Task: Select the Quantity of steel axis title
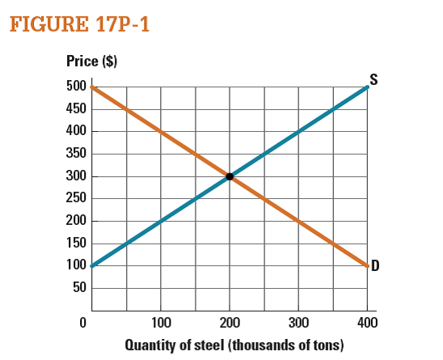[x=234, y=345]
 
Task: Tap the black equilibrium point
[x=230, y=176]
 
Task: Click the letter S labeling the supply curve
[x=373, y=79]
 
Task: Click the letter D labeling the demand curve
[x=375, y=268]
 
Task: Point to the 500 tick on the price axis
[x=76, y=87]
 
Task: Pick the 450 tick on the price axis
[x=76, y=108]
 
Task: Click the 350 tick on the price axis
[x=76, y=154]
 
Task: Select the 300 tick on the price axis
[x=76, y=176]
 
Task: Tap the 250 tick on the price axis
[x=76, y=198]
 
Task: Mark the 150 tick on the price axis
[x=76, y=243]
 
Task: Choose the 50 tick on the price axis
[x=79, y=287]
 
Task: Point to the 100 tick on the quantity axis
[x=160, y=324]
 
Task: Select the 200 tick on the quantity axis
[x=230, y=324]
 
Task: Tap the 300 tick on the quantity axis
[x=298, y=324]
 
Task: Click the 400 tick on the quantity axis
[x=367, y=324]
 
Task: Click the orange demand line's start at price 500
[x=93, y=87]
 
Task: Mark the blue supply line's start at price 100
[x=93, y=265]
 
